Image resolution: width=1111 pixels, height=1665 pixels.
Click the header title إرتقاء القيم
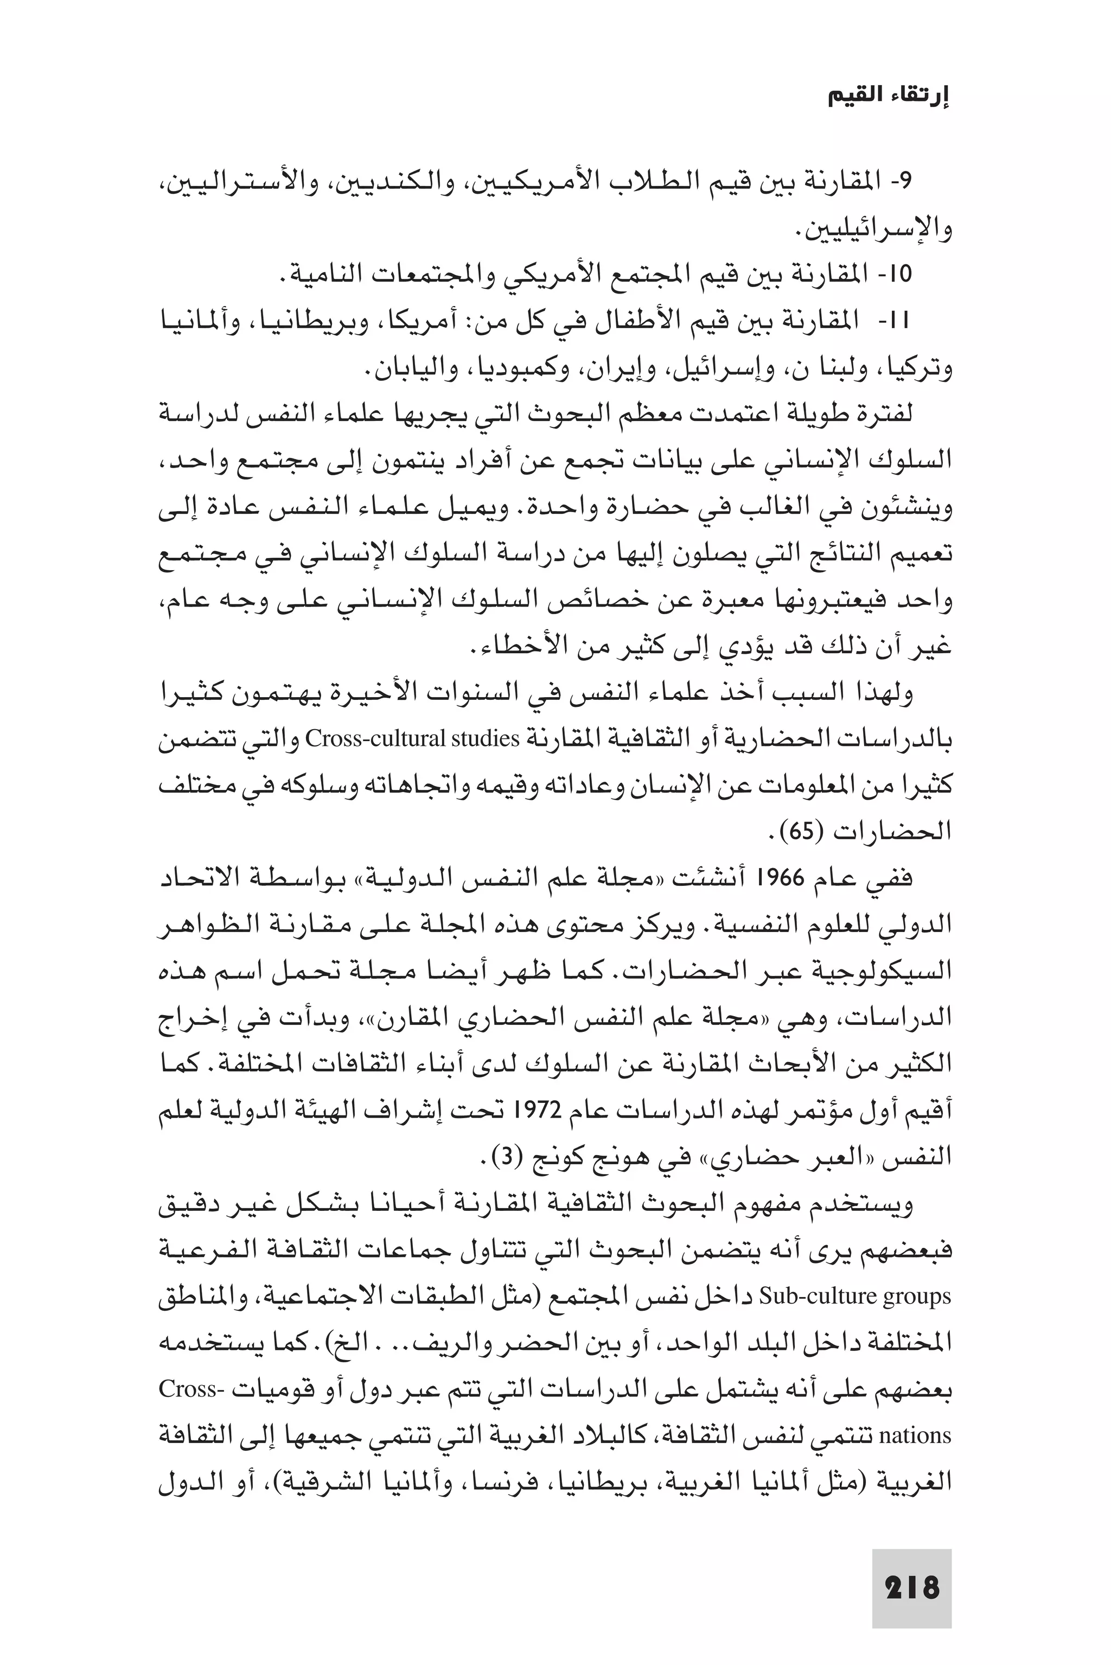[889, 97]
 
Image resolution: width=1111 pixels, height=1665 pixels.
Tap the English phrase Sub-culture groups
[854, 1297]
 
